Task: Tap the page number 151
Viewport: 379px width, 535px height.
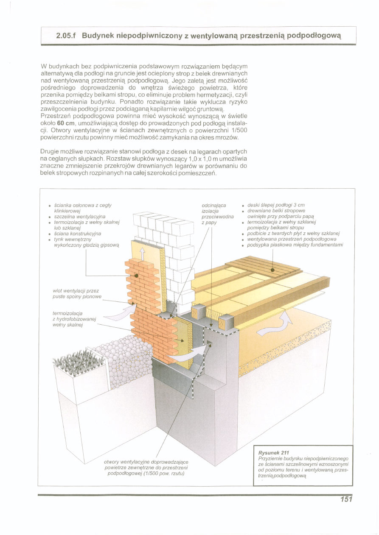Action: pyautogui.click(x=346, y=499)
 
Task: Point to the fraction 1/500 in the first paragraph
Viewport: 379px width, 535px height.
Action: pyautogui.click(x=229, y=130)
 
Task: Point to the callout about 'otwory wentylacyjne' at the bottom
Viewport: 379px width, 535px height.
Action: pyautogui.click(x=146, y=467)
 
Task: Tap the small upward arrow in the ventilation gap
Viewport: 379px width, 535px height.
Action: pyautogui.click(x=143, y=254)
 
